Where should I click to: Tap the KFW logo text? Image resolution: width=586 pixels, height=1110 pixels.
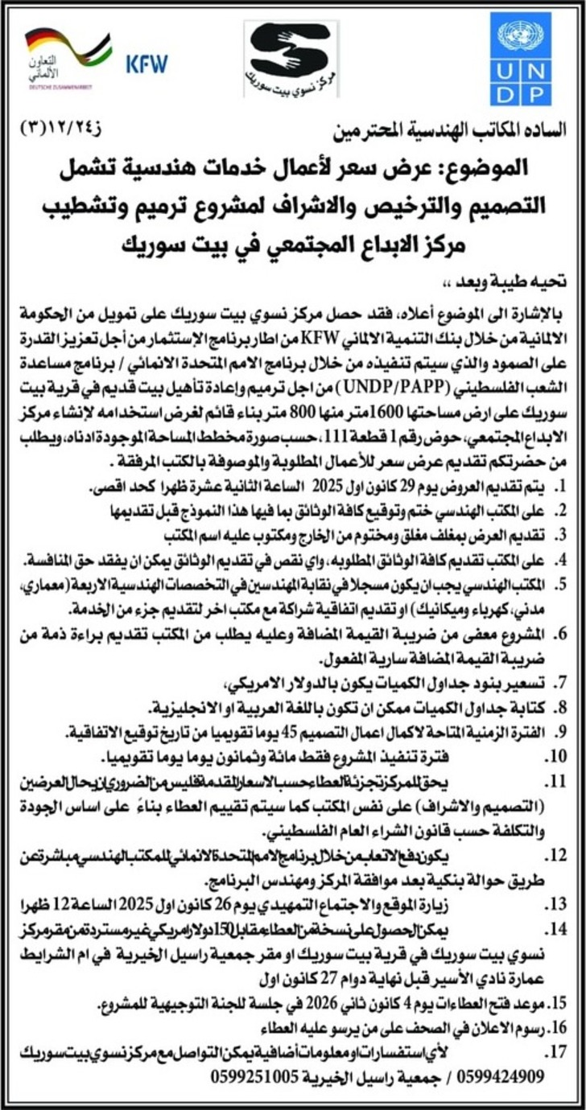coord(146,64)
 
